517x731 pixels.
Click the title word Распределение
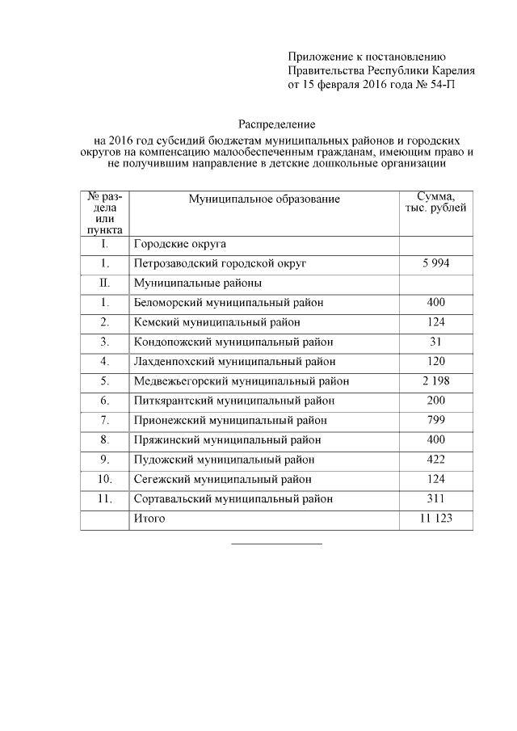point(276,124)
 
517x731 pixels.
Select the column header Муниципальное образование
point(264,199)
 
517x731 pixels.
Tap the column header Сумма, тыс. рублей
point(435,202)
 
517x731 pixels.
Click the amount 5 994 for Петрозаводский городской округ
point(435,263)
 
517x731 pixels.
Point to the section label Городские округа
point(180,243)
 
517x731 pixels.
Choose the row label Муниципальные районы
point(198,283)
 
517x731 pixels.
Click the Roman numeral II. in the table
point(104,283)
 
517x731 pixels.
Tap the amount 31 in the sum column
point(435,342)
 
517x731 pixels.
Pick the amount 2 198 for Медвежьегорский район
point(435,380)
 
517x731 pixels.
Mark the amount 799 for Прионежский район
point(435,420)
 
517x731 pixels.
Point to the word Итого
point(149,519)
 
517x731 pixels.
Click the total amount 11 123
point(435,519)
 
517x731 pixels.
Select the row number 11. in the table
point(104,498)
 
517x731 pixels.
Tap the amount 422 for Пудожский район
point(435,460)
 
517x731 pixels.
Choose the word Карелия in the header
point(451,70)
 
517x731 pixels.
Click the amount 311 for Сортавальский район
point(435,498)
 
